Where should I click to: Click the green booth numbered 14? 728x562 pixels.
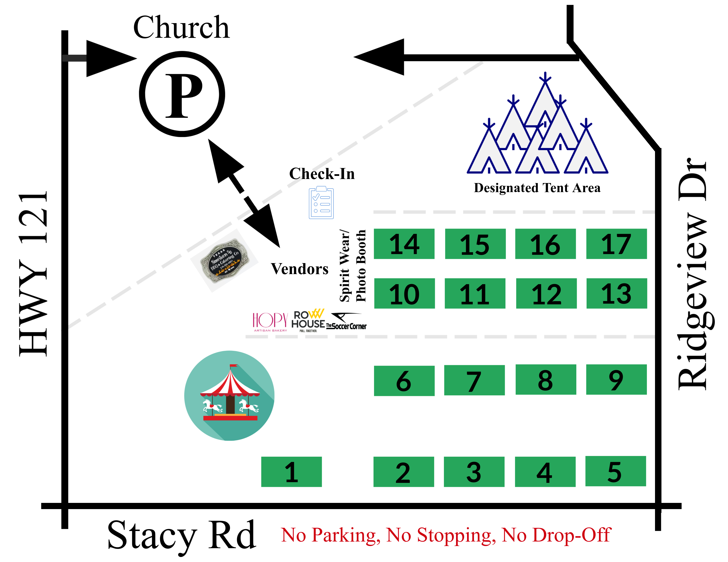click(404, 244)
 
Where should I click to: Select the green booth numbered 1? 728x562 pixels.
click(291, 472)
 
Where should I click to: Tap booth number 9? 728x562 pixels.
click(616, 379)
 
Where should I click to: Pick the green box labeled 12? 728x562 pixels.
click(546, 293)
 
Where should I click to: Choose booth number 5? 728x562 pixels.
click(615, 471)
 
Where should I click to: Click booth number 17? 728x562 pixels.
click(616, 244)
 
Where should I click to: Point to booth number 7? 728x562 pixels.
click(474, 380)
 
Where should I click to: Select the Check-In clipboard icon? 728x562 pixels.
click(321, 203)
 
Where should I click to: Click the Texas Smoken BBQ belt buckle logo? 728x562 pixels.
click(224, 261)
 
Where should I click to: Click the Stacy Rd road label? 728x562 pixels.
click(182, 535)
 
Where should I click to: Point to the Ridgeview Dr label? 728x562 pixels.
click(693, 273)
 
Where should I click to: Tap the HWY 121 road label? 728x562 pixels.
click(33, 273)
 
